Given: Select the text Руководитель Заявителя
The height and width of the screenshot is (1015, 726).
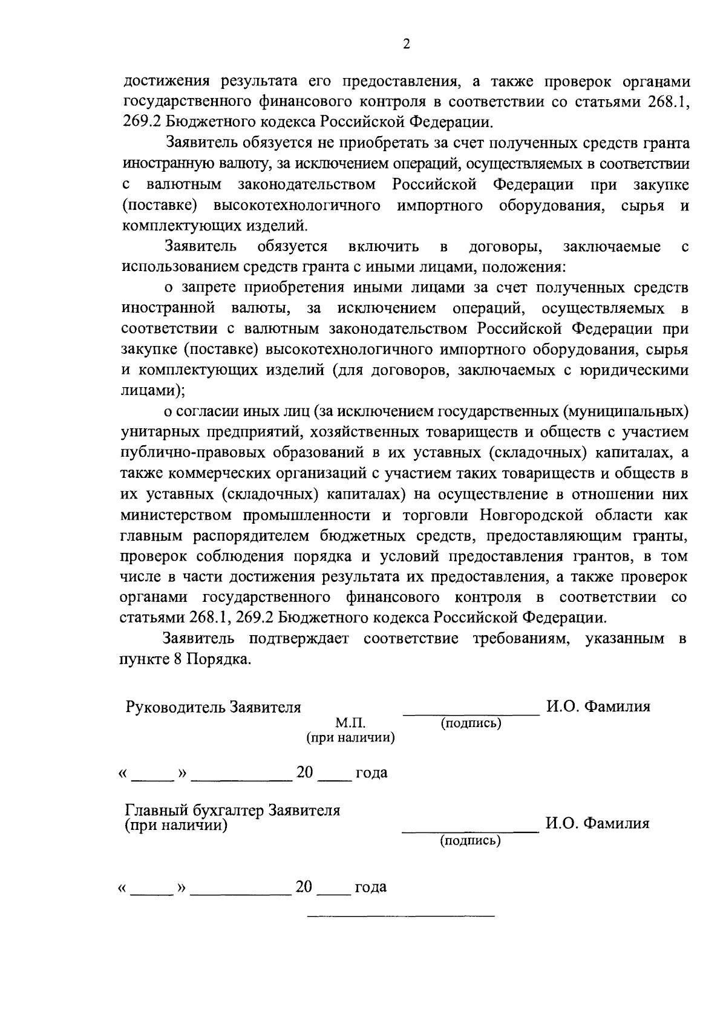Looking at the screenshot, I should [213, 707].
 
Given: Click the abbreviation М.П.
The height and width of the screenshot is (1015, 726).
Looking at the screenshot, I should [350, 723].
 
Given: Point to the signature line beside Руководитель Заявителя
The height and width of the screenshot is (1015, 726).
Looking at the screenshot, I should [471, 714].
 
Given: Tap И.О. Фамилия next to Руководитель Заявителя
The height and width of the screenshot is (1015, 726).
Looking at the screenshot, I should [598, 707].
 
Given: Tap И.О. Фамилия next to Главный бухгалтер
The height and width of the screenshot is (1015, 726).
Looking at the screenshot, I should [597, 823].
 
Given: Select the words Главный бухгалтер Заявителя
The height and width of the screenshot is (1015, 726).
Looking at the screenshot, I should [232, 810].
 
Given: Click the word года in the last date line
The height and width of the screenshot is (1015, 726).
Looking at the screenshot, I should [370, 887].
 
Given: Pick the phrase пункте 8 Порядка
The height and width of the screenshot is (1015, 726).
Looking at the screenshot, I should [185, 659].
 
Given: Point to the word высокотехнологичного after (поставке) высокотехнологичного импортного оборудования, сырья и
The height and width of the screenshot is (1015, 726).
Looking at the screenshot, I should [298, 206].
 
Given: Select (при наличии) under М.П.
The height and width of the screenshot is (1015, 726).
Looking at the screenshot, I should [350, 737].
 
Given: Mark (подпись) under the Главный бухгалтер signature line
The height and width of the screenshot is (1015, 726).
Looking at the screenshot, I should [470, 840].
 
